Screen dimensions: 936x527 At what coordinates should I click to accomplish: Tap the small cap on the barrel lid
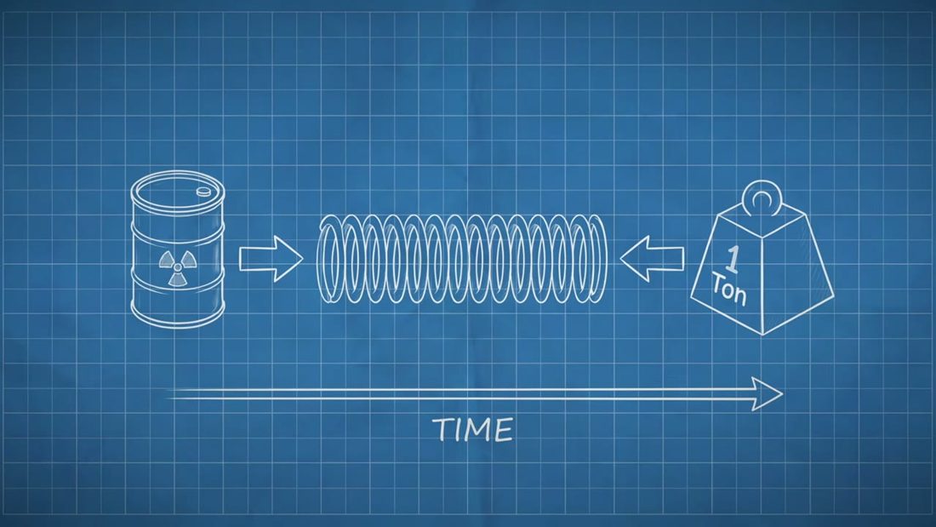pyautogui.click(x=204, y=192)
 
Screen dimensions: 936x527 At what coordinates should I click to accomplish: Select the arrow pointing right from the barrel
pyautogui.click(x=271, y=259)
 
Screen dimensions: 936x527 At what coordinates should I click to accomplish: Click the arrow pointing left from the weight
pyautogui.click(x=652, y=259)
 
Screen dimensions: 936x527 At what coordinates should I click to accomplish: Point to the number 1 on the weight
pyautogui.click(x=732, y=260)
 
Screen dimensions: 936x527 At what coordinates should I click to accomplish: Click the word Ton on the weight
pyautogui.click(x=728, y=289)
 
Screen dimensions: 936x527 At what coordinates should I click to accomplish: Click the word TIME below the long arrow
pyautogui.click(x=473, y=430)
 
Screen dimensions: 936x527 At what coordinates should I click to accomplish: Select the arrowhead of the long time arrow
pyautogui.click(x=768, y=393)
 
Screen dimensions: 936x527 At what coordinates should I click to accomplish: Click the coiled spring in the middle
pyautogui.click(x=461, y=259)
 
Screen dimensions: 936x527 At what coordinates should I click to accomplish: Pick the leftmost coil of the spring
pyautogui.click(x=330, y=259)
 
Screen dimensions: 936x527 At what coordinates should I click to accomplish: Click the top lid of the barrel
pyautogui.click(x=177, y=191)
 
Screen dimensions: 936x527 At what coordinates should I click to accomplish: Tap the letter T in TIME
pyautogui.click(x=443, y=430)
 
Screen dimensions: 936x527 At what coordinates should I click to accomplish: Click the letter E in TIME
pyautogui.click(x=503, y=431)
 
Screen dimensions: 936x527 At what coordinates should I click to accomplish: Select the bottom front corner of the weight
pyautogui.click(x=762, y=334)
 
